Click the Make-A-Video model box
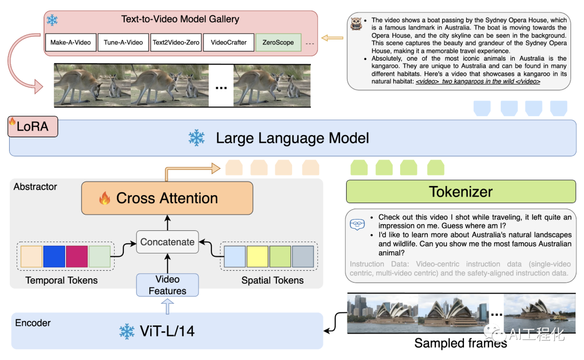(x=70, y=42)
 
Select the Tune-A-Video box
(x=123, y=42)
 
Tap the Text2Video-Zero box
(x=176, y=42)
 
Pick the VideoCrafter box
(x=228, y=42)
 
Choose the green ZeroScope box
(x=278, y=42)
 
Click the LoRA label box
(x=33, y=126)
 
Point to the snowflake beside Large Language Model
(x=196, y=138)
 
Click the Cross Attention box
(x=167, y=198)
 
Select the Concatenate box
(x=168, y=242)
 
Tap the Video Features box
(x=168, y=285)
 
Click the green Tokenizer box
(x=461, y=191)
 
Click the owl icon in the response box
(x=356, y=24)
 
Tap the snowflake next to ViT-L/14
(x=127, y=331)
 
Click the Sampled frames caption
(x=461, y=343)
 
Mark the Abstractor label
(x=36, y=186)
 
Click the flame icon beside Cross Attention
(x=104, y=199)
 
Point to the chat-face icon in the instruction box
(x=357, y=223)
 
